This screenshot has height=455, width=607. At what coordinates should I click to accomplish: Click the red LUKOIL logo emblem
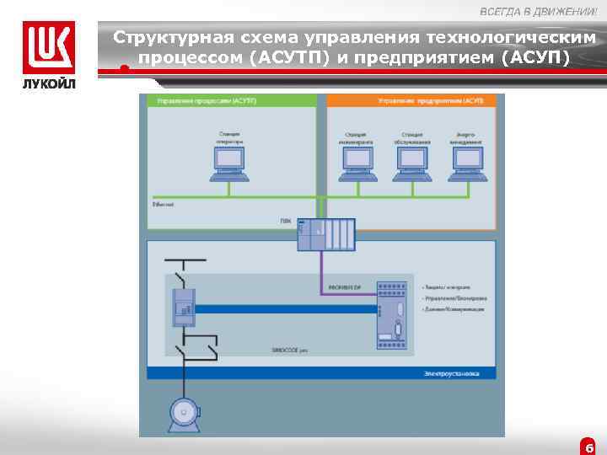[48, 47]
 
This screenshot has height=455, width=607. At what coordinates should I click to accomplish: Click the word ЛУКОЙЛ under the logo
[48, 84]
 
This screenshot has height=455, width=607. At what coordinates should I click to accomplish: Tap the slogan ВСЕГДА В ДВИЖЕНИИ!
[538, 11]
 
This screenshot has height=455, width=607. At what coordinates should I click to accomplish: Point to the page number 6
[589, 447]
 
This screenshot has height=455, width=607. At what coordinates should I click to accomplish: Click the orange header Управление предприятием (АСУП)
[431, 101]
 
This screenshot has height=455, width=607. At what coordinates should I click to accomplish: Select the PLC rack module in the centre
[326, 233]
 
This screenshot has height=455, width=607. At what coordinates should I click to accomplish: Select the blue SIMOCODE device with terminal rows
[392, 314]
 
